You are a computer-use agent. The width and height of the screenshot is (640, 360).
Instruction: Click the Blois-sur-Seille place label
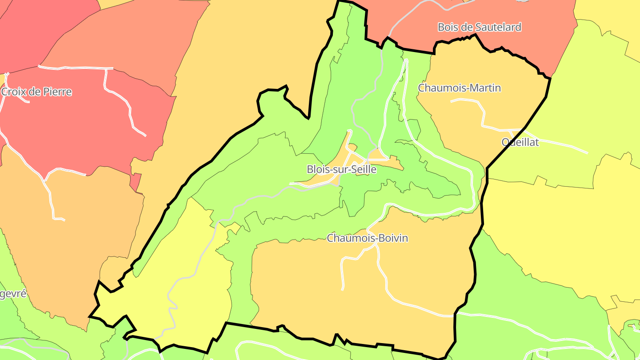click(x=341, y=169)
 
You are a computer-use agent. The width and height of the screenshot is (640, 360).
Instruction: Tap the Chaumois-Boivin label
click(x=367, y=238)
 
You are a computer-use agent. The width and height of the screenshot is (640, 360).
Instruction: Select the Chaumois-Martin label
click(x=459, y=88)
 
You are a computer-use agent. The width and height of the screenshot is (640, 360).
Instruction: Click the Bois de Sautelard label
click(x=479, y=27)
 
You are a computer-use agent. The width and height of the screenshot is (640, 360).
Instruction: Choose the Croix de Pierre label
click(x=36, y=92)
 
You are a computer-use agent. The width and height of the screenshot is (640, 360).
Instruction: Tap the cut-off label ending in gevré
click(x=13, y=294)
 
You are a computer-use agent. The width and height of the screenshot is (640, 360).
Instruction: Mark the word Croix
click(x=12, y=92)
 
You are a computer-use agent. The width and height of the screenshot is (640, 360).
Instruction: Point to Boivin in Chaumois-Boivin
click(x=393, y=238)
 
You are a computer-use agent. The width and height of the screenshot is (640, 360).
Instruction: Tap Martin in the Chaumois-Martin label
click(x=486, y=88)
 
